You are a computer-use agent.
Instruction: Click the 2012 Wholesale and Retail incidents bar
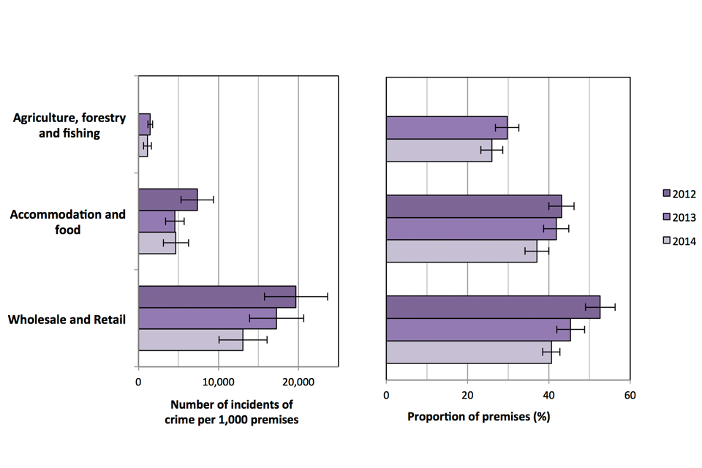[x=216, y=296]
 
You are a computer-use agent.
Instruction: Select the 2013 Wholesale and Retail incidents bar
[x=207, y=318]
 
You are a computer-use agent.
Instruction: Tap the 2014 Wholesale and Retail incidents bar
[x=190, y=340]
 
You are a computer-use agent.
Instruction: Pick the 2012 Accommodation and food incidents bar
[x=167, y=199]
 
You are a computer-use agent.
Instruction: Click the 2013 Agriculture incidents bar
[x=144, y=124]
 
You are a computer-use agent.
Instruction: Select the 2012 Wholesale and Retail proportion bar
[x=492, y=307]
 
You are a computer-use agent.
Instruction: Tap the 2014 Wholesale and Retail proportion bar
[x=468, y=352]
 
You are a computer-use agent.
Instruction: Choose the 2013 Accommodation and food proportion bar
[x=471, y=228]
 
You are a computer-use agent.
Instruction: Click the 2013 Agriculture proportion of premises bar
[x=446, y=127]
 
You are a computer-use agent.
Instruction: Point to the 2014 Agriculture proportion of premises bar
[x=439, y=150]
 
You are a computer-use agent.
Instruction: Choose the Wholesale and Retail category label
[x=67, y=319]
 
